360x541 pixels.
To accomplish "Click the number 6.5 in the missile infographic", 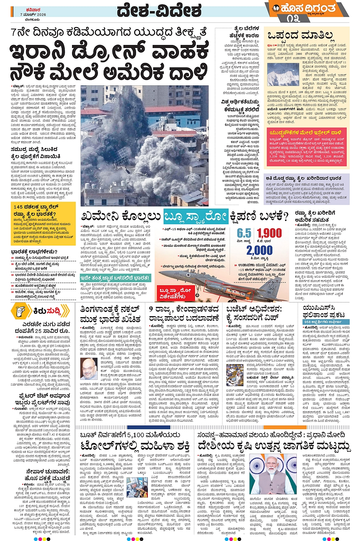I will (244, 233).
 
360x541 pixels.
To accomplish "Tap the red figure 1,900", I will (269, 233).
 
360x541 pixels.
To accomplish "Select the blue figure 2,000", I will (259, 250).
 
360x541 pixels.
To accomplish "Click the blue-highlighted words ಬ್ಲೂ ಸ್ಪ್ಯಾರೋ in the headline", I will (195, 216).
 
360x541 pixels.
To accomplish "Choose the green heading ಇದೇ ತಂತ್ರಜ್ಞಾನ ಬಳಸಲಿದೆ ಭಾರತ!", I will (116, 278).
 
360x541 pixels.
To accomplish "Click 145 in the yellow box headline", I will (20, 206).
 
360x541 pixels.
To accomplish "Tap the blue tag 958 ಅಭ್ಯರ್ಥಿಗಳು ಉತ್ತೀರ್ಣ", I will (322, 322).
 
